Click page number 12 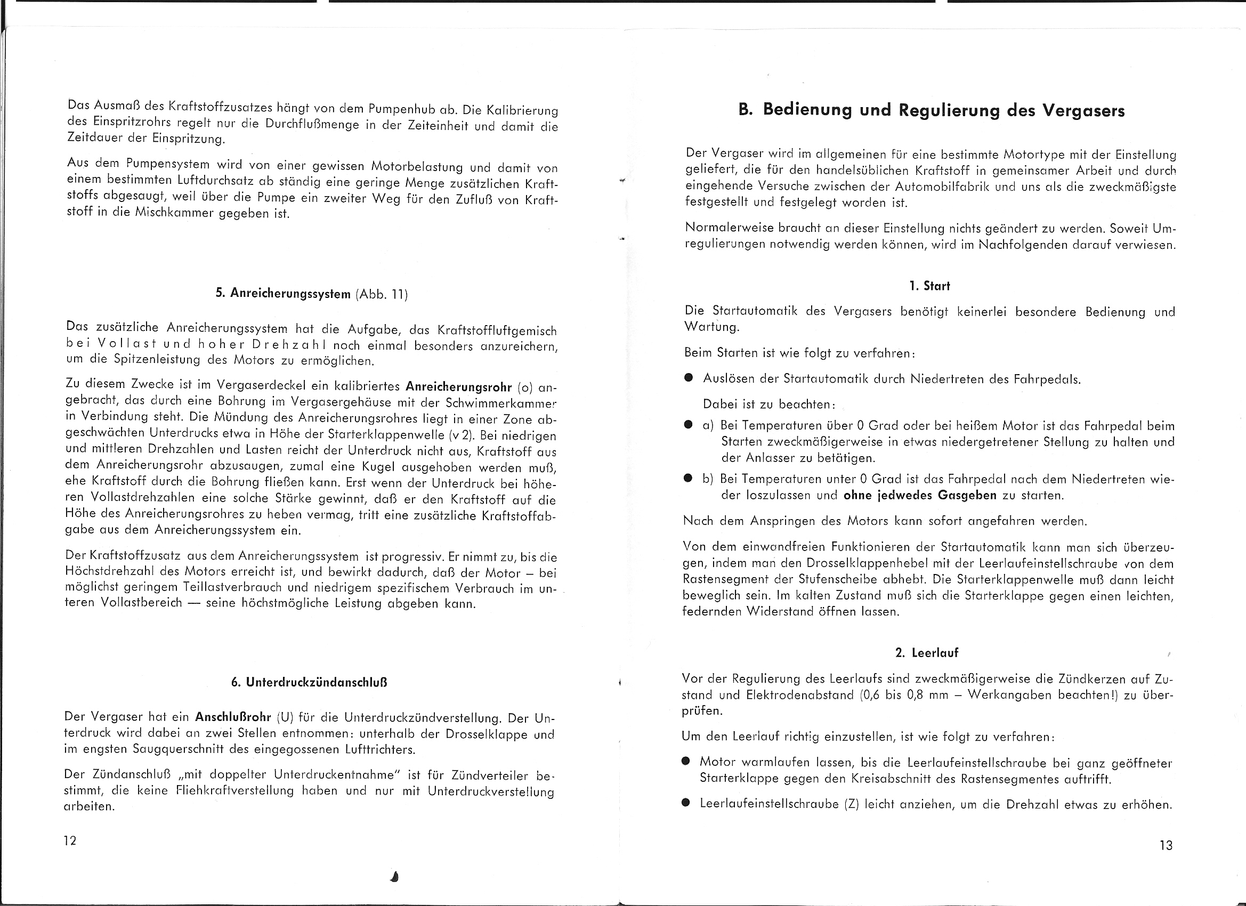point(70,840)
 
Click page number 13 point(1166,846)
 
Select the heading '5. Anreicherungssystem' point(283,294)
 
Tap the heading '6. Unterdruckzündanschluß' point(309,682)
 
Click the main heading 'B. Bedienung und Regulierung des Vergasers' point(932,110)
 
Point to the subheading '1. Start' point(929,286)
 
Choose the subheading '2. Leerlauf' point(926,653)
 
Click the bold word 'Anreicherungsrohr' point(458,387)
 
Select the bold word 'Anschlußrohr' point(233,716)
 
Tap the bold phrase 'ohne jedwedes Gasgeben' point(920,495)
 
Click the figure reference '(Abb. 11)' point(382,295)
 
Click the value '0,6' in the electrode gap point(870,695)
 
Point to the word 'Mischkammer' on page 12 point(174,213)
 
